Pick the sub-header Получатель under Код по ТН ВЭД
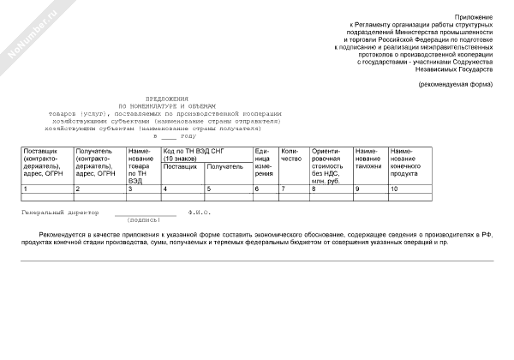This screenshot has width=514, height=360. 225,166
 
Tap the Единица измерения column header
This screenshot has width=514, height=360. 263,162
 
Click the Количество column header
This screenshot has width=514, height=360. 291,158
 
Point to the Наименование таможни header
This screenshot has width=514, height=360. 368,158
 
